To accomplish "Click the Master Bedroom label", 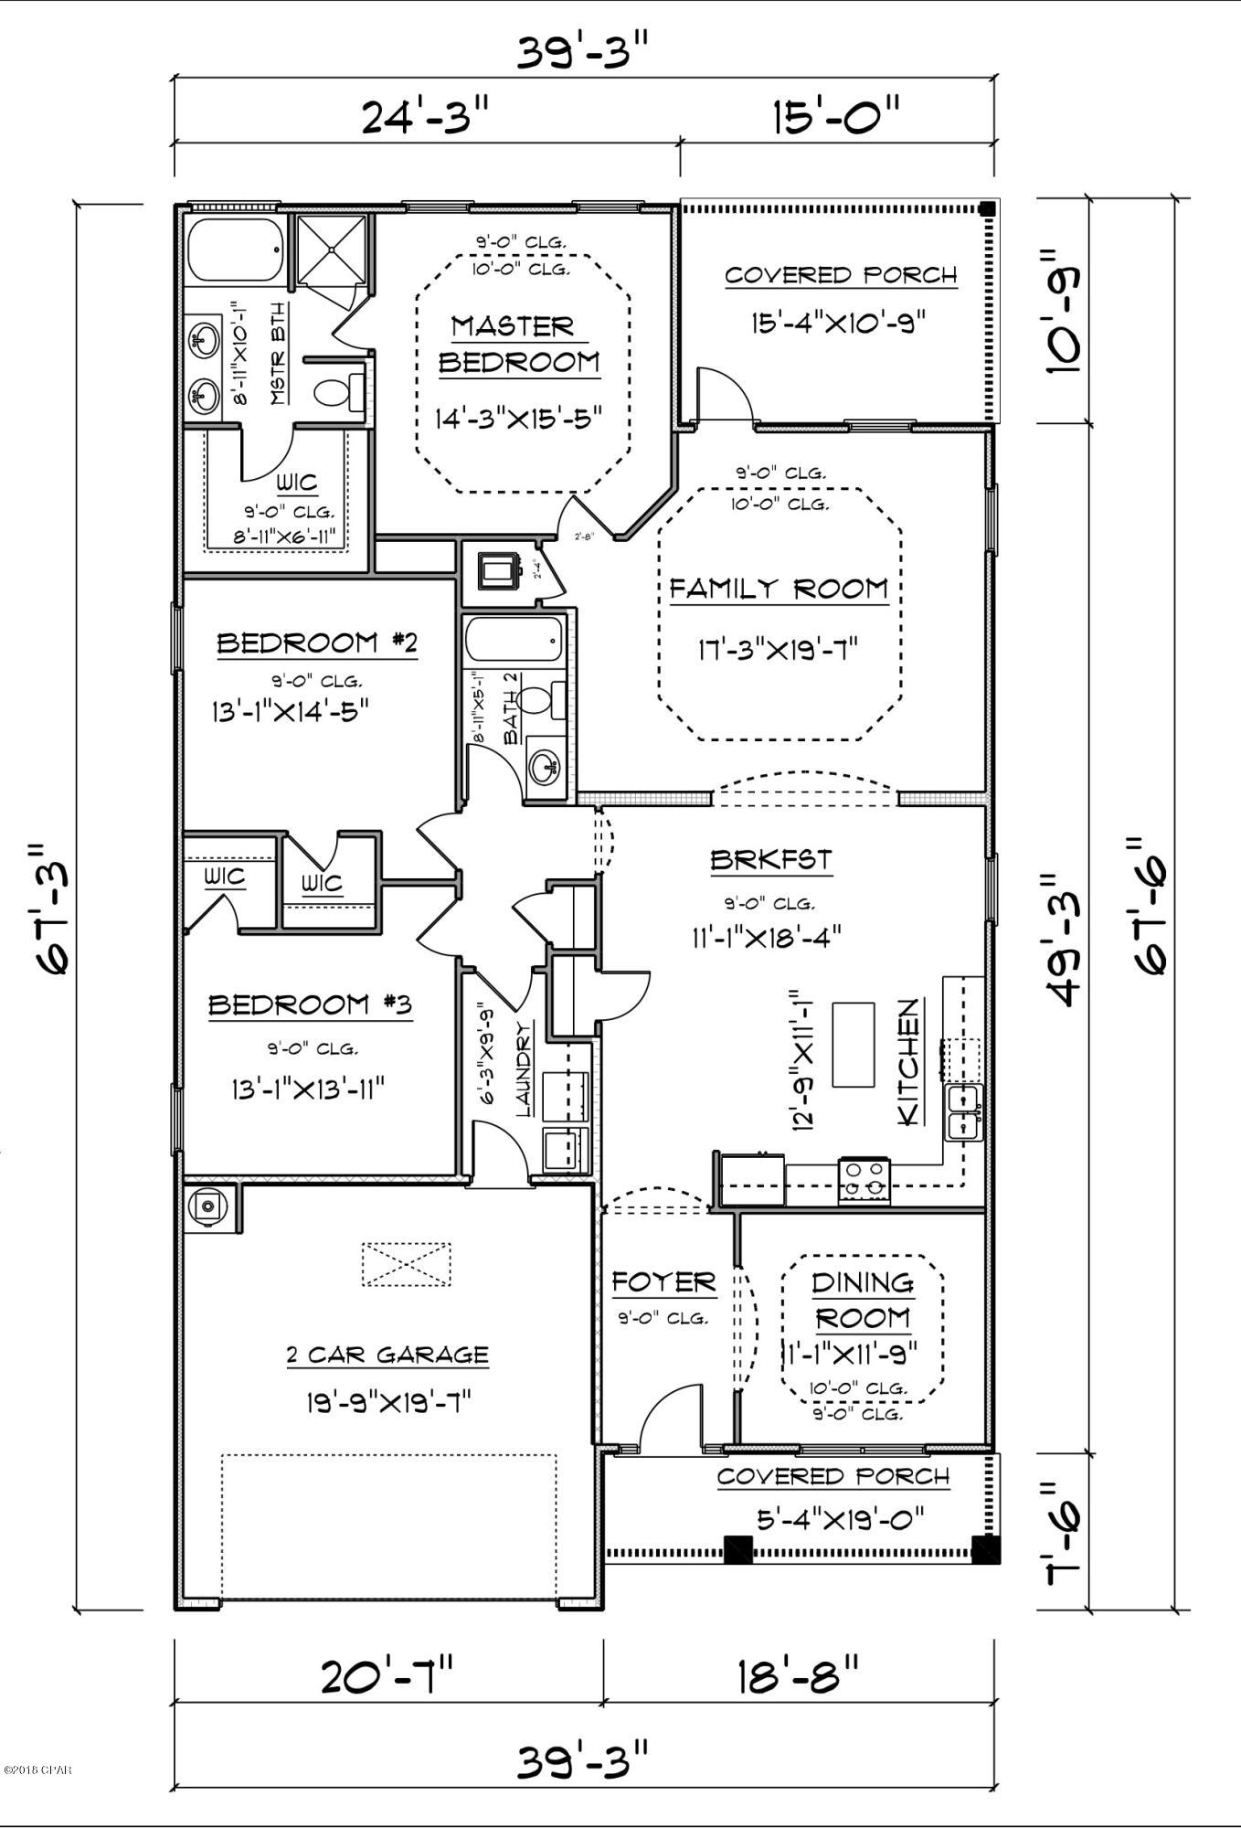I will tap(518, 345).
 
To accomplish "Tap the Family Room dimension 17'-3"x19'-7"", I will tap(778, 650).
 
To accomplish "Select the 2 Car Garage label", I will tap(387, 1355).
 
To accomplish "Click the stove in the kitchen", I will tap(864, 1180).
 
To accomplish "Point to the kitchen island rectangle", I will tap(854, 1045).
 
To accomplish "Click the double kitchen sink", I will tap(963, 1112).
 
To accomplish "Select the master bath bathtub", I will tap(235, 250).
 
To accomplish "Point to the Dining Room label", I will tap(862, 1301).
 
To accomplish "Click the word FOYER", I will tap(663, 1282).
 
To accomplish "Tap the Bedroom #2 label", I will tap(317, 643).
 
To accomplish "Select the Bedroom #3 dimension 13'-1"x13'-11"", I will tap(307, 1089).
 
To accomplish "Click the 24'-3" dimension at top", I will tap(426, 117).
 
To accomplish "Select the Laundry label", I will tap(524, 1069).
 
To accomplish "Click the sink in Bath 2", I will tap(546, 765).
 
